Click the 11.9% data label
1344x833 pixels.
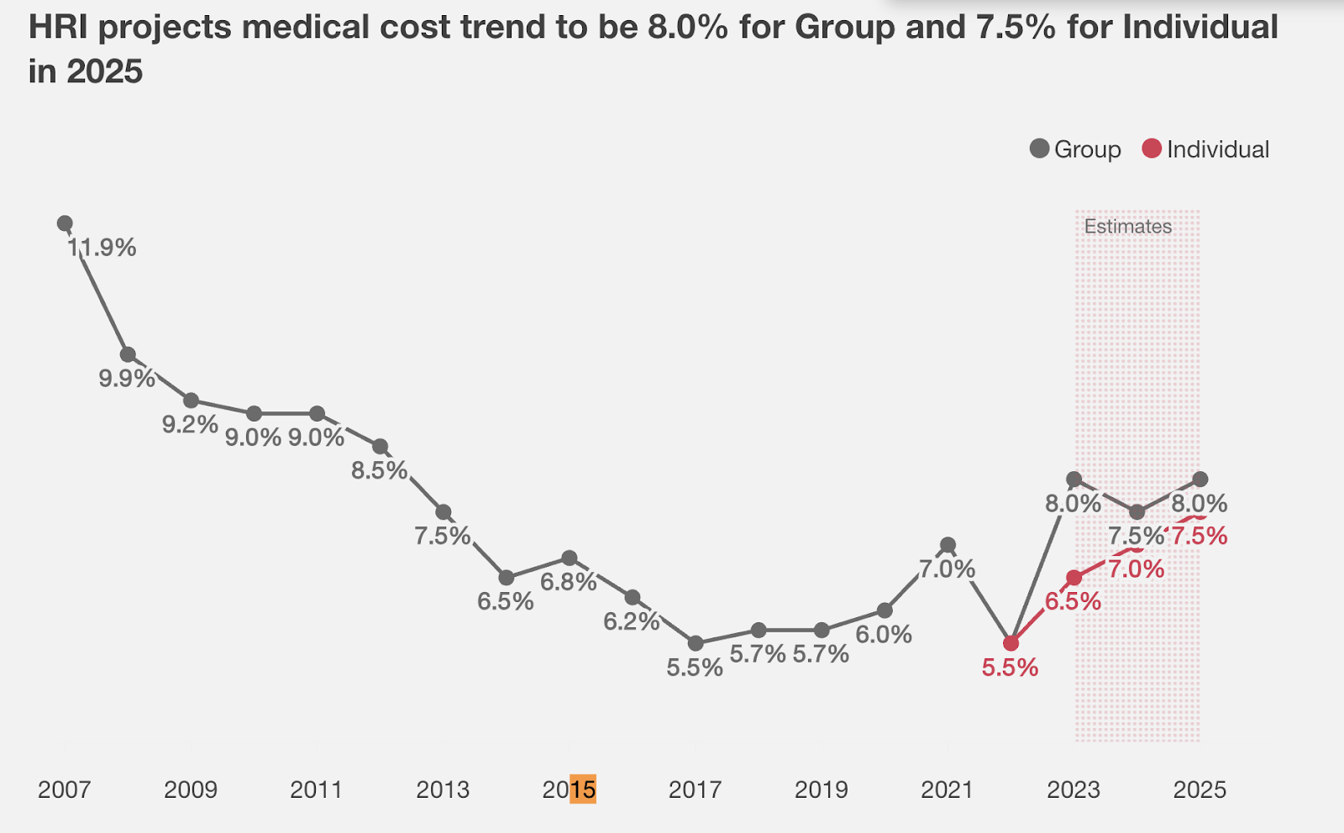(102, 248)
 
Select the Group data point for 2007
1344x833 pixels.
(65, 223)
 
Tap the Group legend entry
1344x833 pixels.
(1076, 149)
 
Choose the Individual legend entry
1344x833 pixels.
(1206, 149)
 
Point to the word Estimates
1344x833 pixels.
(1127, 227)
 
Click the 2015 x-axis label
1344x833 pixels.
(569, 790)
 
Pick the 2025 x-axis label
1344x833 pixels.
(1200, 790)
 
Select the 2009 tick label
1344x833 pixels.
(191, 790)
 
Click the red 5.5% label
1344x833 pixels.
(1010, 668)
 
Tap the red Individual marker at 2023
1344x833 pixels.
(1074, 578)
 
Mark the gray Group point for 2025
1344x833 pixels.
(1200, 479)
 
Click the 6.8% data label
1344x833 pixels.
(569, 582)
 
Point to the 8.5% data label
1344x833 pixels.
(380, 470)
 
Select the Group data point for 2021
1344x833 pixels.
(948, 545)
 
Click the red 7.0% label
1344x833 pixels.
(1136, 569)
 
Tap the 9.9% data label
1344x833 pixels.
(127, 379)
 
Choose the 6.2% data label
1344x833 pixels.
(632, 621)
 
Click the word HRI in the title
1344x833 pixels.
(58, 28)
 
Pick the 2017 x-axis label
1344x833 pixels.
(695, 790)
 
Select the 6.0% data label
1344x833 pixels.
(884, 635)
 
